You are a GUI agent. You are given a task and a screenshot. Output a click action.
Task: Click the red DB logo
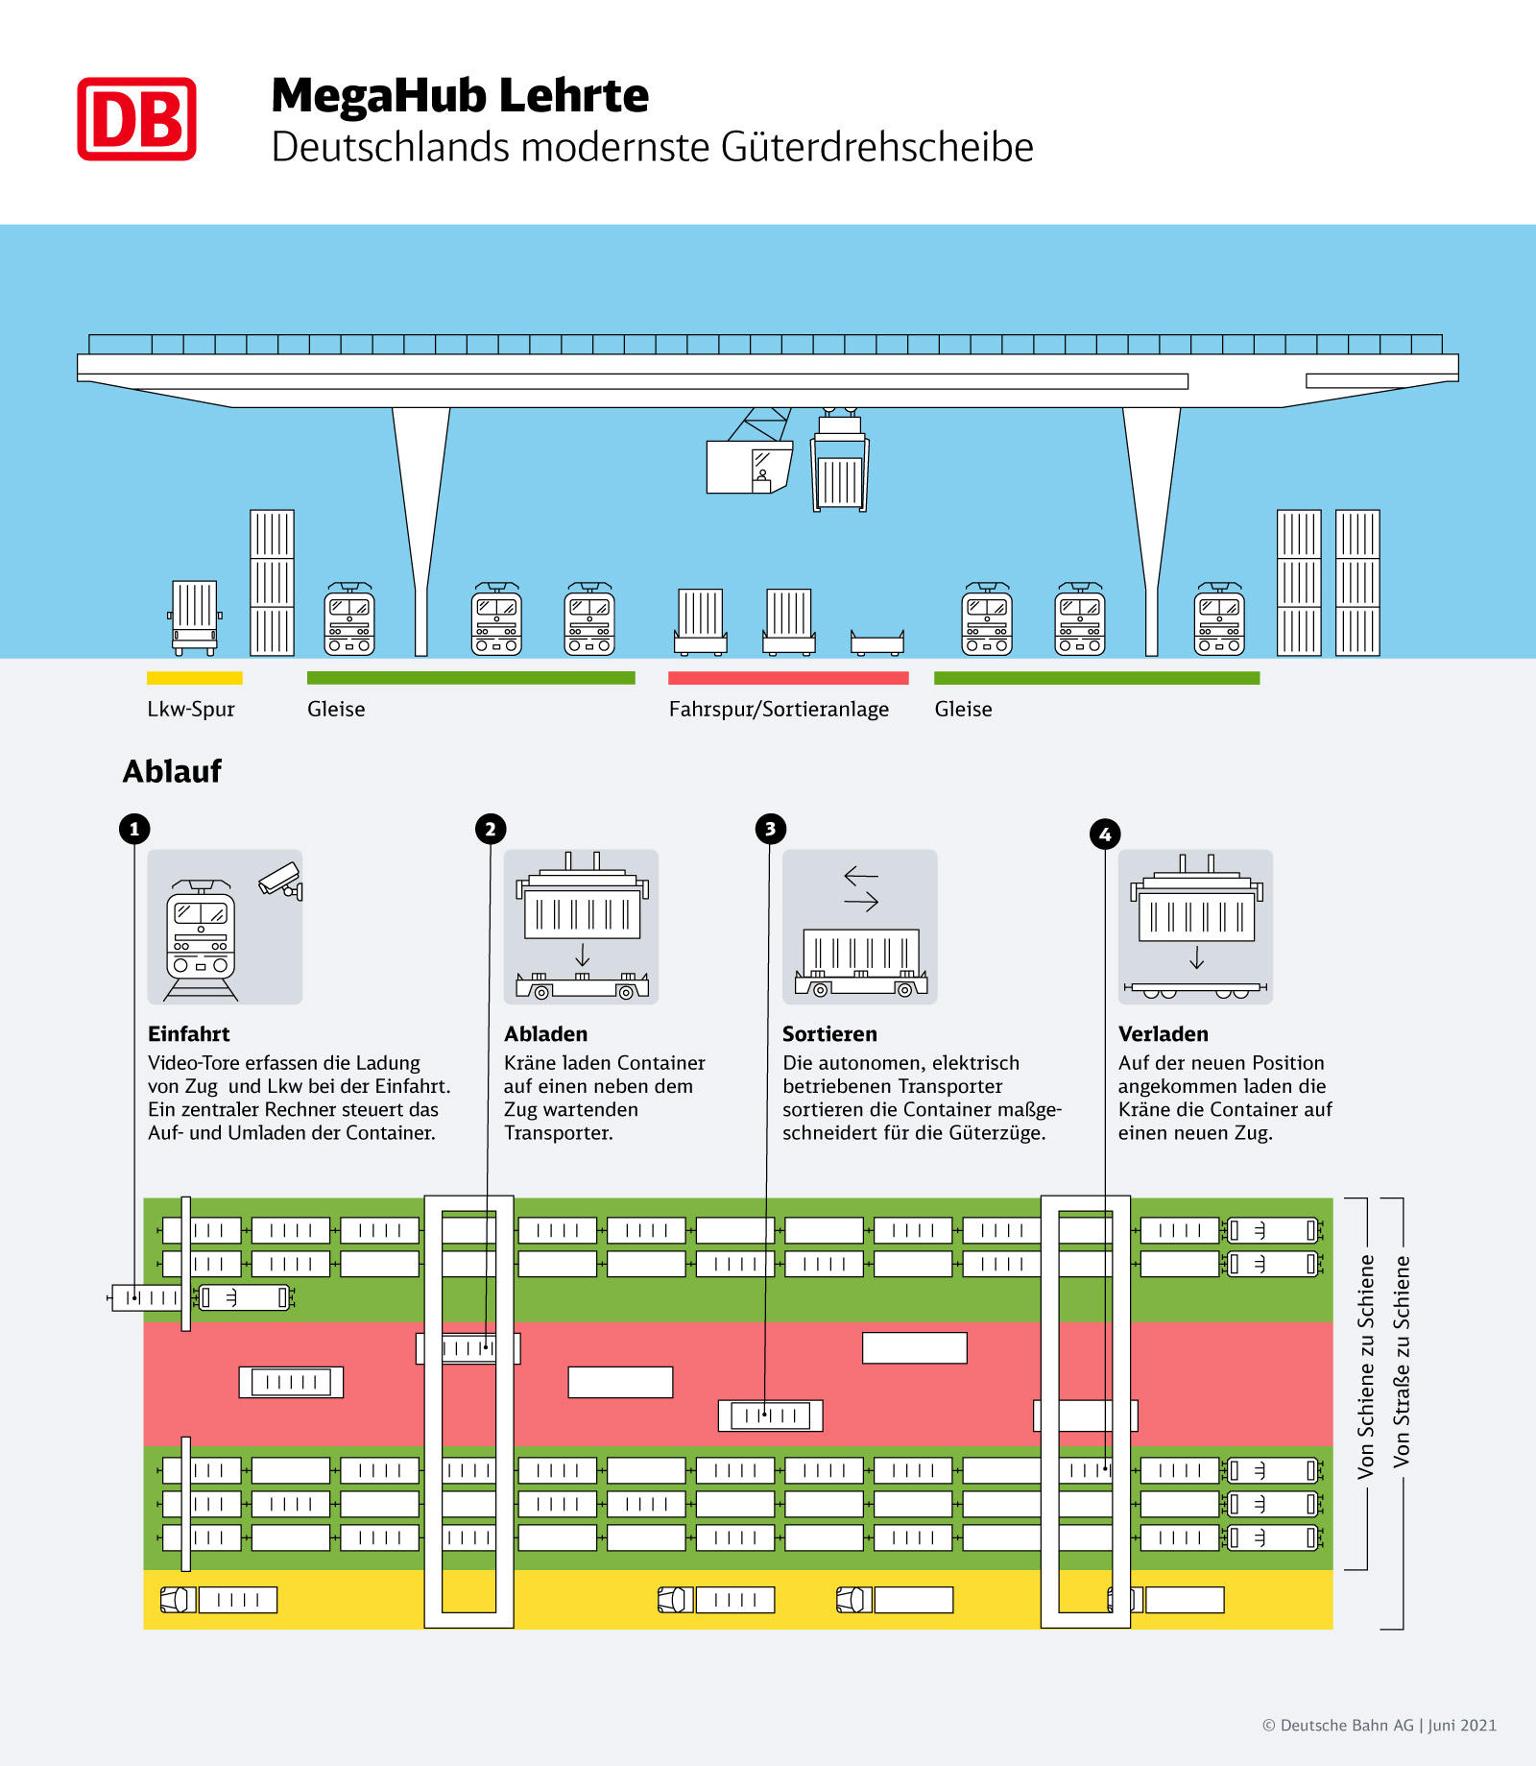coord(136,119)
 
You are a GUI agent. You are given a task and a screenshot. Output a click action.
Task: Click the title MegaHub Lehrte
coord(460,96)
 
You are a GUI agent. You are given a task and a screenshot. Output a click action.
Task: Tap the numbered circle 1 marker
coord(134,829)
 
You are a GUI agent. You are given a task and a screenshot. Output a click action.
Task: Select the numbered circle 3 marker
coord(770,829)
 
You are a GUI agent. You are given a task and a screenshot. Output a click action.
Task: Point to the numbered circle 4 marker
coord(1105,835)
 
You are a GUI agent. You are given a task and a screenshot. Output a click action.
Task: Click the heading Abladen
coord(545,1034)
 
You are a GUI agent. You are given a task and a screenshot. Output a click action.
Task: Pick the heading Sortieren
coord(829,1034)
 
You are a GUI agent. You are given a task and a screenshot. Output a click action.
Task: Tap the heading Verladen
coord(1163,1034)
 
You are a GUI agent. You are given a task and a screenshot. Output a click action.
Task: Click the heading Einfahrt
coord(189,1034)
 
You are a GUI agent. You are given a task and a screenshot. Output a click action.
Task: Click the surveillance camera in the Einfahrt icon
coord(280,880)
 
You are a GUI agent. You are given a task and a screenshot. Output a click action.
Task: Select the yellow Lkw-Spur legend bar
coord(194,678)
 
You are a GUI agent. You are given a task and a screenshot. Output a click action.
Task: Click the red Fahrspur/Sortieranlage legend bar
coord(788,678)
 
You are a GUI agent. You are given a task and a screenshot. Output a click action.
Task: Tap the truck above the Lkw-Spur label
coord(194,617)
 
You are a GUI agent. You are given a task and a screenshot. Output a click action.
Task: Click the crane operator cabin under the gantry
coord(750,466)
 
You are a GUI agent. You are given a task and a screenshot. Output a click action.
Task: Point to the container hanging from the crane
coord(840,477)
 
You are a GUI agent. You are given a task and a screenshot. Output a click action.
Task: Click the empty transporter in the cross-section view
coord(877,642)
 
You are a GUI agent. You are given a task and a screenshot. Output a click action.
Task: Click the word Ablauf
coord(172,771)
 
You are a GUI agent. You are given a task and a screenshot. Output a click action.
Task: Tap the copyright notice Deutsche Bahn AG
coord(1379,1726)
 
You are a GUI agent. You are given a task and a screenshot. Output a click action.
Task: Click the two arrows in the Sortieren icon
coord(861,888)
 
